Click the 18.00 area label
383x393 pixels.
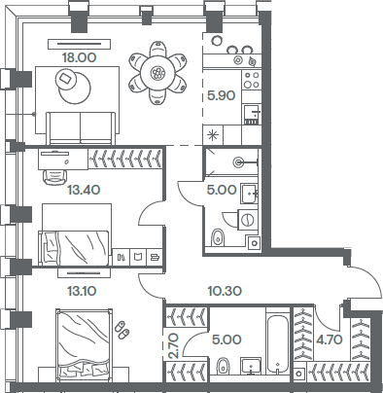[x=79, y=57]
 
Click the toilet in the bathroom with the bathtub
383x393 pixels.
[x=224, y=366]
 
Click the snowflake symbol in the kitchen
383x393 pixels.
[x=214, y=132]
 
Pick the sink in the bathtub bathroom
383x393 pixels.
[x=250, y=367]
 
